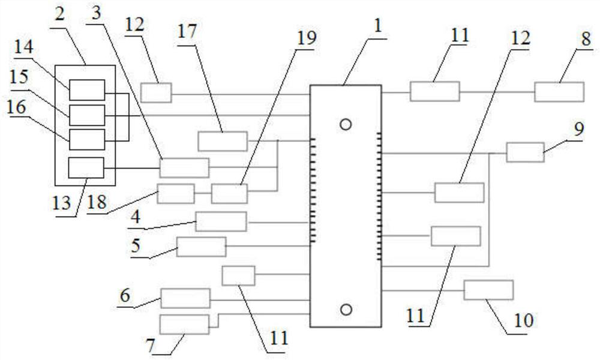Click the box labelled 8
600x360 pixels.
click(x=559, y=92)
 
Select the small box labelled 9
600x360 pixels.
click(x=525, y=152)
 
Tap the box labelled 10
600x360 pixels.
click(x=488, y=290)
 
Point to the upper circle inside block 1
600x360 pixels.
click(x=345, y=124)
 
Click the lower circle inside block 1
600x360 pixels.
click(x=345, y=309)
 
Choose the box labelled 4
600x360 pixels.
click(x=221, y=221)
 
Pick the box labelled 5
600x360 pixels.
click(x=201, y=247)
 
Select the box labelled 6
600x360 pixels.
click(x=185, y=298)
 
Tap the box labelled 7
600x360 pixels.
click(x=185, y=324)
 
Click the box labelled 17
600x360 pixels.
click(x=223, y=141)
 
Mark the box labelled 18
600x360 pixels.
click(x=176, y=194)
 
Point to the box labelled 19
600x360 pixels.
click(x=229, y=194)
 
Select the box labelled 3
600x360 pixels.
click(x=184, y=168)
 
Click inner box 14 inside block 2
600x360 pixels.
click(x=87, y=90)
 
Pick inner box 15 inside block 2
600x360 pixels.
click(x=87, y=115)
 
